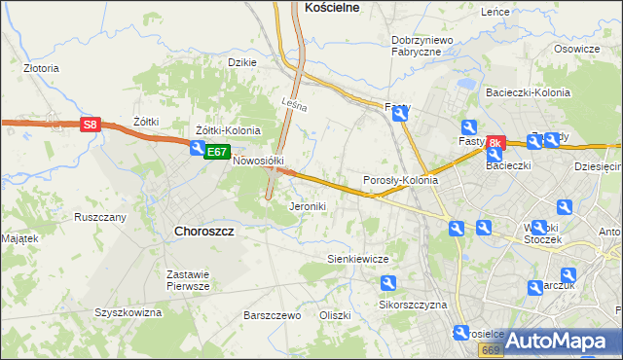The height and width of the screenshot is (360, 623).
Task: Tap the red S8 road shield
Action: click(90, 125)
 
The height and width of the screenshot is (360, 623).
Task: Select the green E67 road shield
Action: click(217, 153)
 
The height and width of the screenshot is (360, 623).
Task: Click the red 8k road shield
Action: click(495, 143)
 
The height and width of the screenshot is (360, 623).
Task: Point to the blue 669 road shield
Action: click(492, 350)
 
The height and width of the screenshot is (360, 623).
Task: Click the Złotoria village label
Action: click(41, 69)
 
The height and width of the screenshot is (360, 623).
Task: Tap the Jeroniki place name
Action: click(308, 207)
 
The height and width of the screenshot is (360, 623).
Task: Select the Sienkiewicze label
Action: click(357, 260)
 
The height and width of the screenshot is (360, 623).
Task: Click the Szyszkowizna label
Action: click(128, 312)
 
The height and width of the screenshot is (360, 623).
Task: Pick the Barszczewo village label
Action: click(272, 316)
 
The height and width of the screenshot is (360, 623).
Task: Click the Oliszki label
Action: click(334, 316)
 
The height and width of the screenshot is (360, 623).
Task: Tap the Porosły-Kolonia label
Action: click(400, 181)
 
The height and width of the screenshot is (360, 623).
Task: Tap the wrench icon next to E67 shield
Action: click(198, 149)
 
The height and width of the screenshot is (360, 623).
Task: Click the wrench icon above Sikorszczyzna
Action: click(387, 283)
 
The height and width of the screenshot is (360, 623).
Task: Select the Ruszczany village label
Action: click(100, 217)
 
